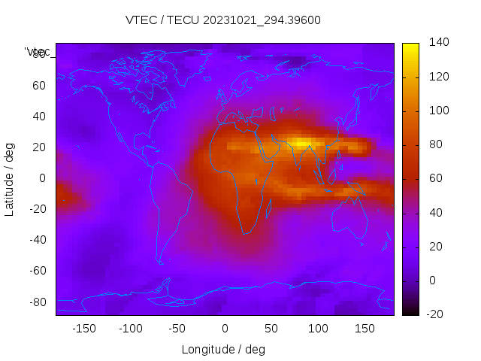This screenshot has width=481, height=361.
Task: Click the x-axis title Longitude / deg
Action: tap(223, 350)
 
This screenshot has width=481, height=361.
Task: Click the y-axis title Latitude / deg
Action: tap(10, 178)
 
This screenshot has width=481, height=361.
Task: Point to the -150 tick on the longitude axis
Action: tap(84, 329)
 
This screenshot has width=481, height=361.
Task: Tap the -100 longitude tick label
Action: tap(131, 329)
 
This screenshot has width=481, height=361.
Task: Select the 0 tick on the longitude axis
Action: tap(224, 329)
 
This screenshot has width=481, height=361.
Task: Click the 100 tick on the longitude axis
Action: tap(318, 329)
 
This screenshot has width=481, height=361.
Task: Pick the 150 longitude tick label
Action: tap(365, 329)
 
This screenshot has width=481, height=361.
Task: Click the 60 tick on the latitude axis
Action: tap(39, 85)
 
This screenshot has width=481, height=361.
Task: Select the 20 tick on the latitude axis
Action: tap(39, 147)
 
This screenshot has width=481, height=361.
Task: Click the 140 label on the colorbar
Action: tap(439, 43)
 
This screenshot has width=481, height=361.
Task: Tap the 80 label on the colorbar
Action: tap(436, 144)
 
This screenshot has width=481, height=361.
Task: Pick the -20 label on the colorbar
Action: tap(437, 314)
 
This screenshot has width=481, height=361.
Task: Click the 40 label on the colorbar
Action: tap(436, 213)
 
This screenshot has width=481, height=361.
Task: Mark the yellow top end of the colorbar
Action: tap(410, 47)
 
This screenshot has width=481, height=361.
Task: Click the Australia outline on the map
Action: tap(350, 218)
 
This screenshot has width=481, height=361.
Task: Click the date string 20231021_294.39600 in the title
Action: tap(262, 20)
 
